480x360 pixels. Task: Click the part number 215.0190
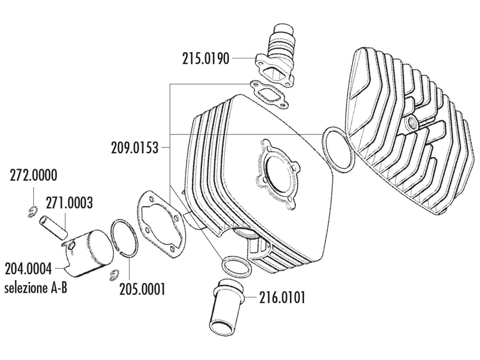(x=205, y=59)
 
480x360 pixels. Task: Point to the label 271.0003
(x=69, y=203)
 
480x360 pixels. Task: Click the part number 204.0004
(x=28, y=268)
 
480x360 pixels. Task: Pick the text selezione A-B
(x=36, y=288)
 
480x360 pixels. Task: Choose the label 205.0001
(x=142, y=289)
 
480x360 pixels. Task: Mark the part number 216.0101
(x=282, y=298)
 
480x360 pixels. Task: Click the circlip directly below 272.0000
(x=32, y=212)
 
